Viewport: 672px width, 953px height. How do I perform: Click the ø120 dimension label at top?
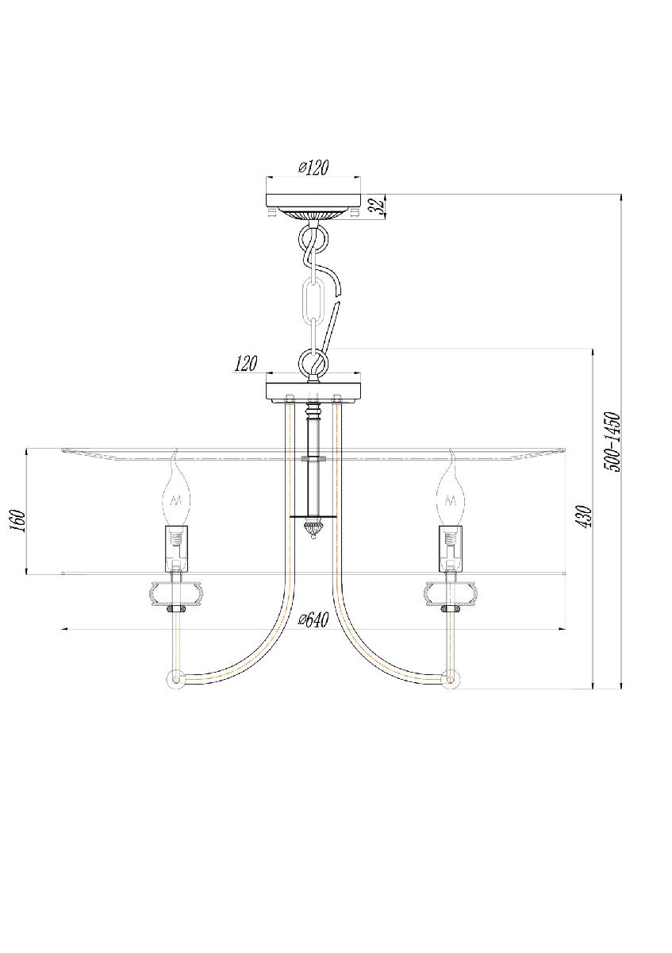coord(313,168)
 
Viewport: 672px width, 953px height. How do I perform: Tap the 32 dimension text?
coord(378,206)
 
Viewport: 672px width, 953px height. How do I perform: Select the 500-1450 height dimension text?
coord(612,442)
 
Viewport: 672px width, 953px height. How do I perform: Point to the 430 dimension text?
coord(583,517)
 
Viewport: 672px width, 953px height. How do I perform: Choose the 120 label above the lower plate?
coord(246,365)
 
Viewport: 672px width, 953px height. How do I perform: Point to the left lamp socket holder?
coord(176,548)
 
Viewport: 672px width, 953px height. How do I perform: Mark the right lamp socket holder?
coord(450,548)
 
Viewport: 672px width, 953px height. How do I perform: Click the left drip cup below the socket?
coord(176,592)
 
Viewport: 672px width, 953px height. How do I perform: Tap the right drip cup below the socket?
coord(450,592)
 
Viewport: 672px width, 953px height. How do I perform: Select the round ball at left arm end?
coord(174,680)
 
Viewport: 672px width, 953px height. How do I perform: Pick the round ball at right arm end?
coord(451,680)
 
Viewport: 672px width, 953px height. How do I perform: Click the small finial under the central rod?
coord(313,529)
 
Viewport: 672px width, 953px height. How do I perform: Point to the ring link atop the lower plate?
coord(313,365)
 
